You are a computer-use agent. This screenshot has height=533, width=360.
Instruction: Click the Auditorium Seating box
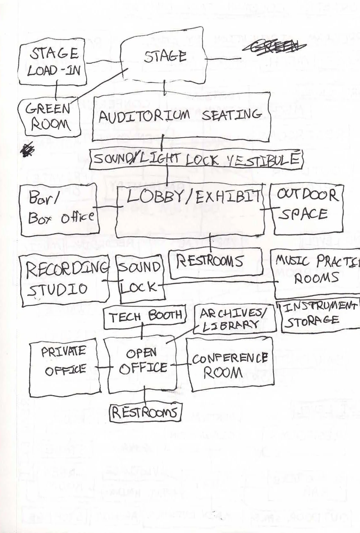[x=181, y=117]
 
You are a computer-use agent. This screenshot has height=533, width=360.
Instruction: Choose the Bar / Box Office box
[x=59, y=210]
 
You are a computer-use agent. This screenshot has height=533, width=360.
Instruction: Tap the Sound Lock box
[x=141, y=279]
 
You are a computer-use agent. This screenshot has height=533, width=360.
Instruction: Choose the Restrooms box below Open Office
[x=145, y=412]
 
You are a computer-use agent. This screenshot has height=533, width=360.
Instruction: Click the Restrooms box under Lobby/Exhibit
[x=215, y=262]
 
